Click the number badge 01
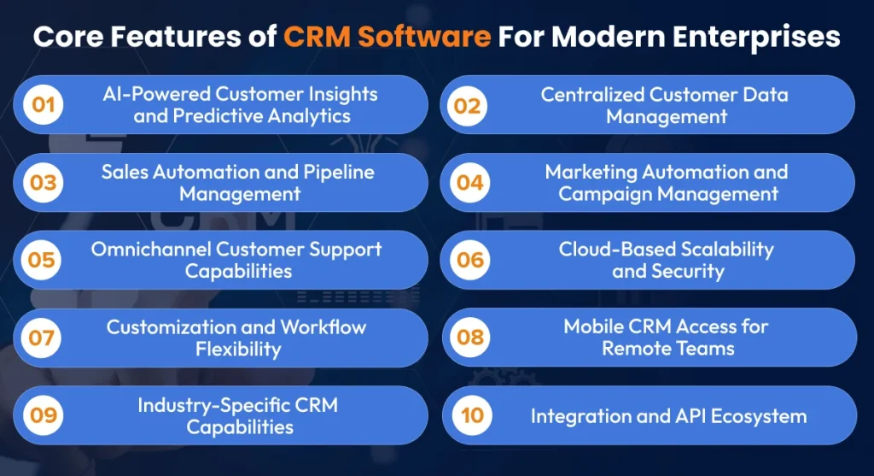[43, 105]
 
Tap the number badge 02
[467, 105]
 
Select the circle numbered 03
[43, 183]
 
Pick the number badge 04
[470, 183]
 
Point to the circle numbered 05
[41, 260]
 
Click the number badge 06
[470, 260]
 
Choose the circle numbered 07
[41, 338]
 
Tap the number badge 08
[470, 337]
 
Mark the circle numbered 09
[43, 415]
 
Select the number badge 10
[472, 415]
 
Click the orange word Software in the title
[424, 37]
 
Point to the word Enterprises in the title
[756, 38]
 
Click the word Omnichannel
[150, 249]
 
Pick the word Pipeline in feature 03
[338, 173]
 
